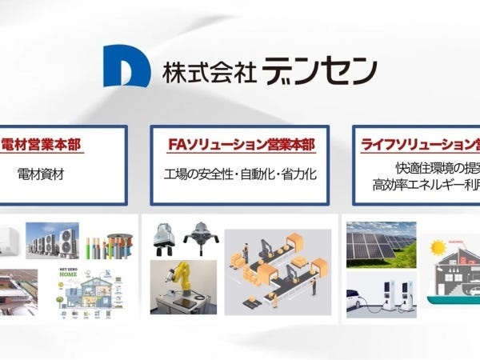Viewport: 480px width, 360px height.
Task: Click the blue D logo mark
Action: pos(126,67)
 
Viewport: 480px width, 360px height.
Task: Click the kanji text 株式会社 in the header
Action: pos(209,70)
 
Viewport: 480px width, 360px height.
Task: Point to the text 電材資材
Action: pos(40,173)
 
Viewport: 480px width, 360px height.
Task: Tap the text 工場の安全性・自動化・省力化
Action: pos(240,173)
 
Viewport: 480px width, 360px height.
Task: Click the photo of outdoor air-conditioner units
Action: pos(52,241)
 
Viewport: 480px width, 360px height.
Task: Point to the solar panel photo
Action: pos(380,241)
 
